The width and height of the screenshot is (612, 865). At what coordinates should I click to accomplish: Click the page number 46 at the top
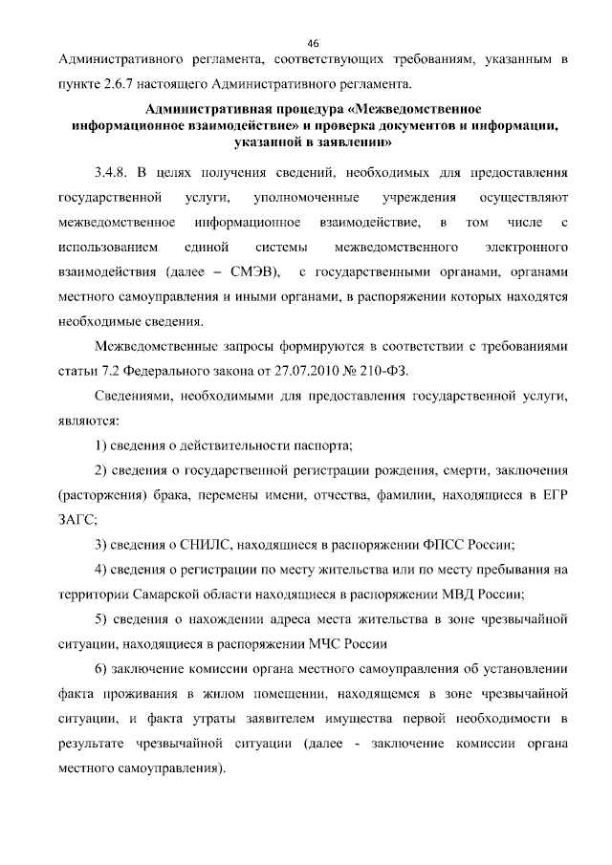312,42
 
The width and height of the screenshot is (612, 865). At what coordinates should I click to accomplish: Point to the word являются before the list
88,421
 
